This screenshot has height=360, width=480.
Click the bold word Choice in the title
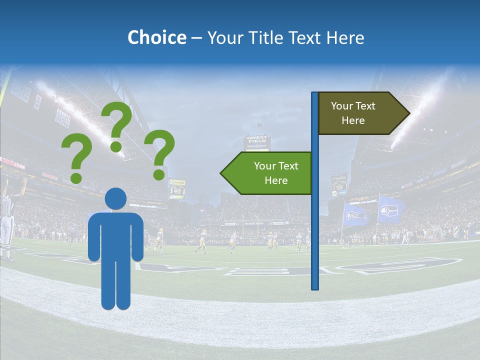[156, 37]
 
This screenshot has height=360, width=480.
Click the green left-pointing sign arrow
[267, 173]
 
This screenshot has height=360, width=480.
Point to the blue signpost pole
[315, 225]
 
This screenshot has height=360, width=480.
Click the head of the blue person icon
[115, 198]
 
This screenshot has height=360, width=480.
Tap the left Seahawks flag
[354, 214]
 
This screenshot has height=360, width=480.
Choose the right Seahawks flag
[390, 209]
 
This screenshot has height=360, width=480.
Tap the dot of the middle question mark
[116, 146]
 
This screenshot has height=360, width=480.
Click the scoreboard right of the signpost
[339, 184]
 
